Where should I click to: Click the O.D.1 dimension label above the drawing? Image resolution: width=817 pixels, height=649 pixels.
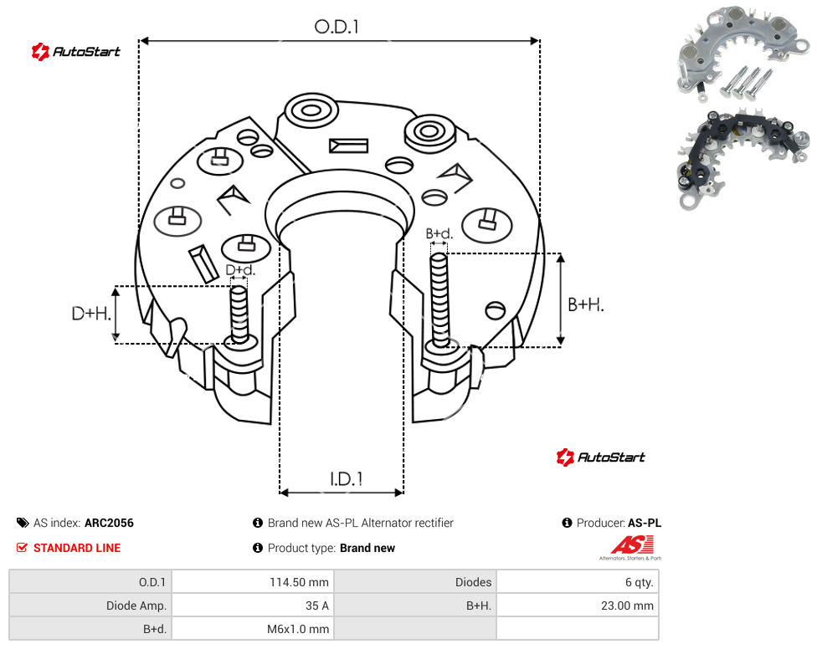[337, 27]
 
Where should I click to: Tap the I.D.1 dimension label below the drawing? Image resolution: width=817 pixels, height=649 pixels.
[346, 479]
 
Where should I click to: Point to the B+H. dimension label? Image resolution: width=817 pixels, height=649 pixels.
[586, 304]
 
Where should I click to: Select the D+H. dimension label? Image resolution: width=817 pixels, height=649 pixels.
[91, 314]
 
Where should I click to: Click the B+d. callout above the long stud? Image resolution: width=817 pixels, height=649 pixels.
[439, 233]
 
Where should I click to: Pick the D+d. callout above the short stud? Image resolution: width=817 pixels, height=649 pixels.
[240, 270]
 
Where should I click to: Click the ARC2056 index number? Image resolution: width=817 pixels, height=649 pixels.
[109, 523]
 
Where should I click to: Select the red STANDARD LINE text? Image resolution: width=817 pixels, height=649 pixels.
[77, 548]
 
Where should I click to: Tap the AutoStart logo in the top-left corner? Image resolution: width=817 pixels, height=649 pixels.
[75, 52]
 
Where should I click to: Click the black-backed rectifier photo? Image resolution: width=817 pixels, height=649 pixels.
[743, 159]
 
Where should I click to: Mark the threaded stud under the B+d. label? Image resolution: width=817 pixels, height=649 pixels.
[439, 301]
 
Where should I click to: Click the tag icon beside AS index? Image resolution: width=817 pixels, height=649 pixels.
[23, 523]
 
